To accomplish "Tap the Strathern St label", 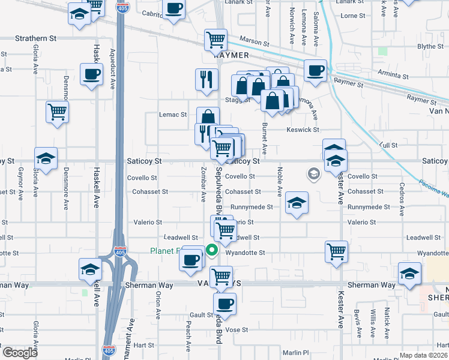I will pyautogui.click(x=35, y=38).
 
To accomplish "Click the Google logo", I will pyautogui.click(x=20, y=353).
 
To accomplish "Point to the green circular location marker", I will pyautogui.click(x=211, y=251).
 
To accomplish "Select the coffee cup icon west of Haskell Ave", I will pyautogui.click(x=91, y=75).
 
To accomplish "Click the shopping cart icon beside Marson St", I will pyautogui.click(x=215, y=40).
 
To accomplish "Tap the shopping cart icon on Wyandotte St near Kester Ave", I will pyautogui.click(x=337, y=251).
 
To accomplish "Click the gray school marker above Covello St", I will pyautogui.click(x=313, y=174).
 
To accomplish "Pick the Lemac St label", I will pyautogui.click(x=173, y=114).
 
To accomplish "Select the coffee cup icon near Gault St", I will pyautogui.click(x=225, y=303).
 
